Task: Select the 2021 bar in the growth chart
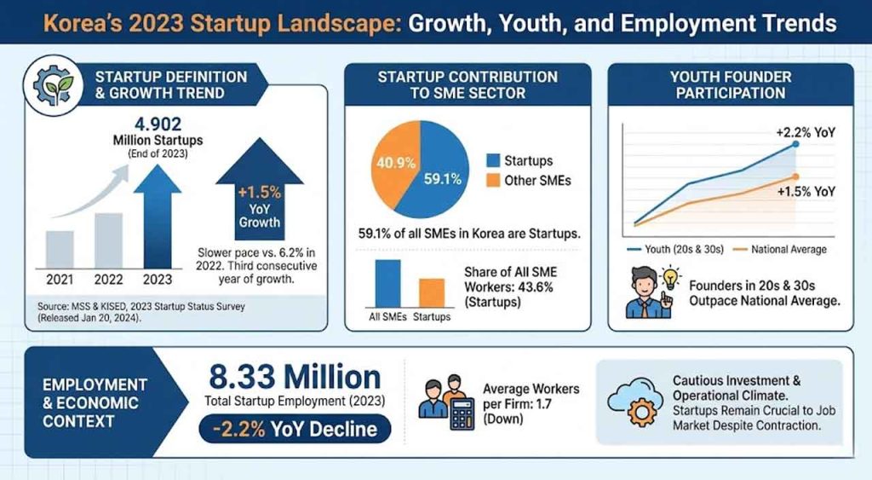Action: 59,248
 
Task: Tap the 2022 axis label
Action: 108,279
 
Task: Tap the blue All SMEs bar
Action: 387,282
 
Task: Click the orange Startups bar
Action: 432,292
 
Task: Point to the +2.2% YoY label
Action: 804,132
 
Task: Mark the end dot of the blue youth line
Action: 795,145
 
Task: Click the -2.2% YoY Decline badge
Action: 295,428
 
